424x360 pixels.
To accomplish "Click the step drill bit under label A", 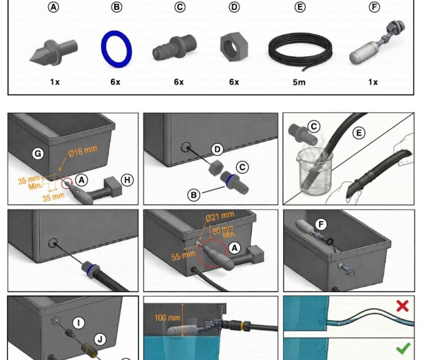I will point(53,50).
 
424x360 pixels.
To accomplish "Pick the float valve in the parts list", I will point(373,49).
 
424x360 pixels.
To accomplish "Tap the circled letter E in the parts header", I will point(301,7).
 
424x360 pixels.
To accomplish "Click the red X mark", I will point(402,305).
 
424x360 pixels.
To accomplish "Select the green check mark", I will point(403,348).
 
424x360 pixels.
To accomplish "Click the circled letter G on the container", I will point(37,152).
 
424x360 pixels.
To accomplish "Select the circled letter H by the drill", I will point(127,180).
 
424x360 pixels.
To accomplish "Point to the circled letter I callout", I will point(78,322).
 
